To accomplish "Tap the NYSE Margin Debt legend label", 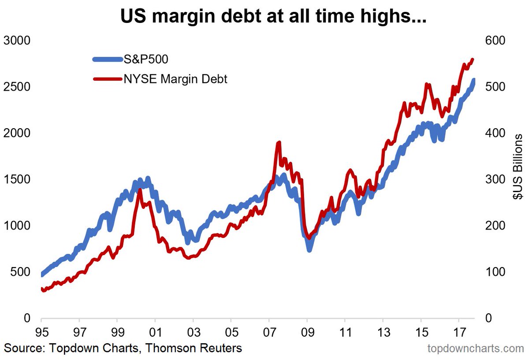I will tap(175, 79).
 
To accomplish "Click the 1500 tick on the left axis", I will tap(16, 179).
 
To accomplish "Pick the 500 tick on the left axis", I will tap(20, 272).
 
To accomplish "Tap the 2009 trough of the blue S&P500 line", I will tap(309, 249).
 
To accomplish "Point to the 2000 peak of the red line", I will tap(140, 189).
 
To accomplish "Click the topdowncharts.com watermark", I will tap(476, 349).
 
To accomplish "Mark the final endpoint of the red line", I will tap(473, 59).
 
